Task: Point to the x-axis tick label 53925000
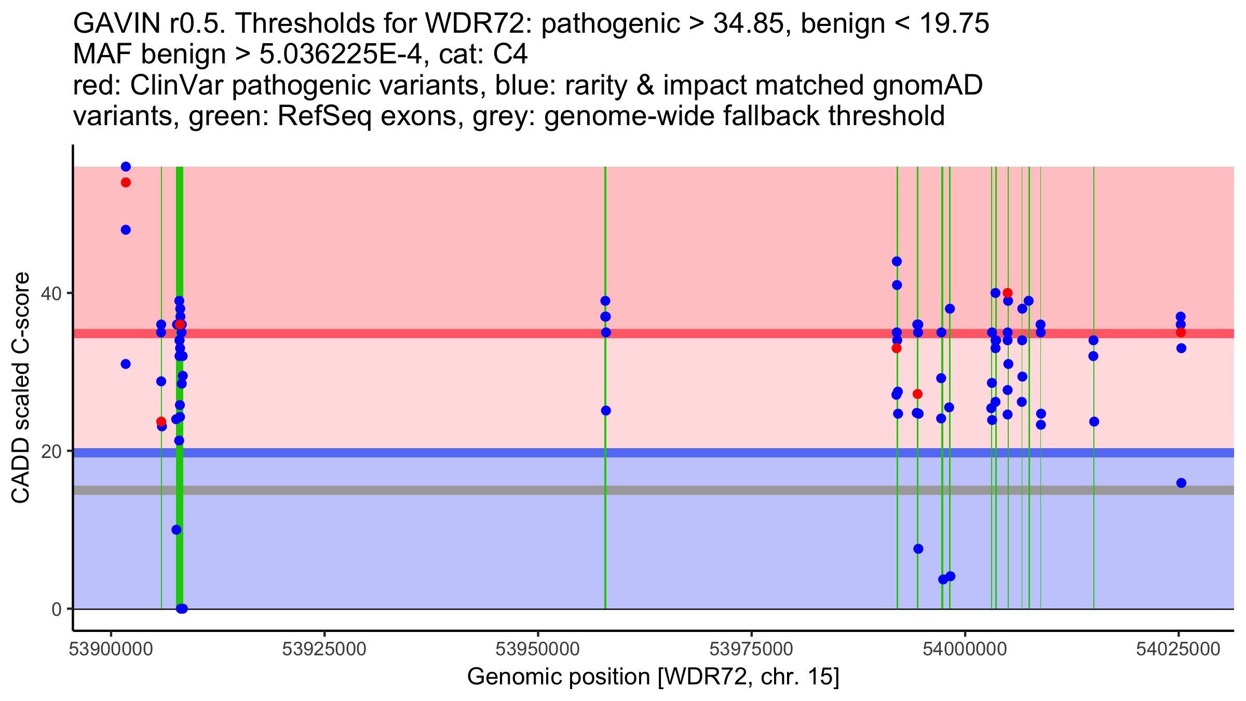point(324,650)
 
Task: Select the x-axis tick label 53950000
point(538,650)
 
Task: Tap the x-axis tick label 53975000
point(751,650)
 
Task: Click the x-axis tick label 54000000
point(965,650)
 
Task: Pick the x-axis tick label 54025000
point(1178,650)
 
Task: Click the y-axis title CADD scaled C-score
point(21,388)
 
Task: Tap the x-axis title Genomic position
point(653,677)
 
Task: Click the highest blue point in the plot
point(126,167)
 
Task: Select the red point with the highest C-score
point(126,182)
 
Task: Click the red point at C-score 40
point(1008,293)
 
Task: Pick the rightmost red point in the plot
point(1181,332)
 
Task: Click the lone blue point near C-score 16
point(1181,483)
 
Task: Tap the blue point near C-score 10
point(177,530)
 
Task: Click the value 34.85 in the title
point(748,24)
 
